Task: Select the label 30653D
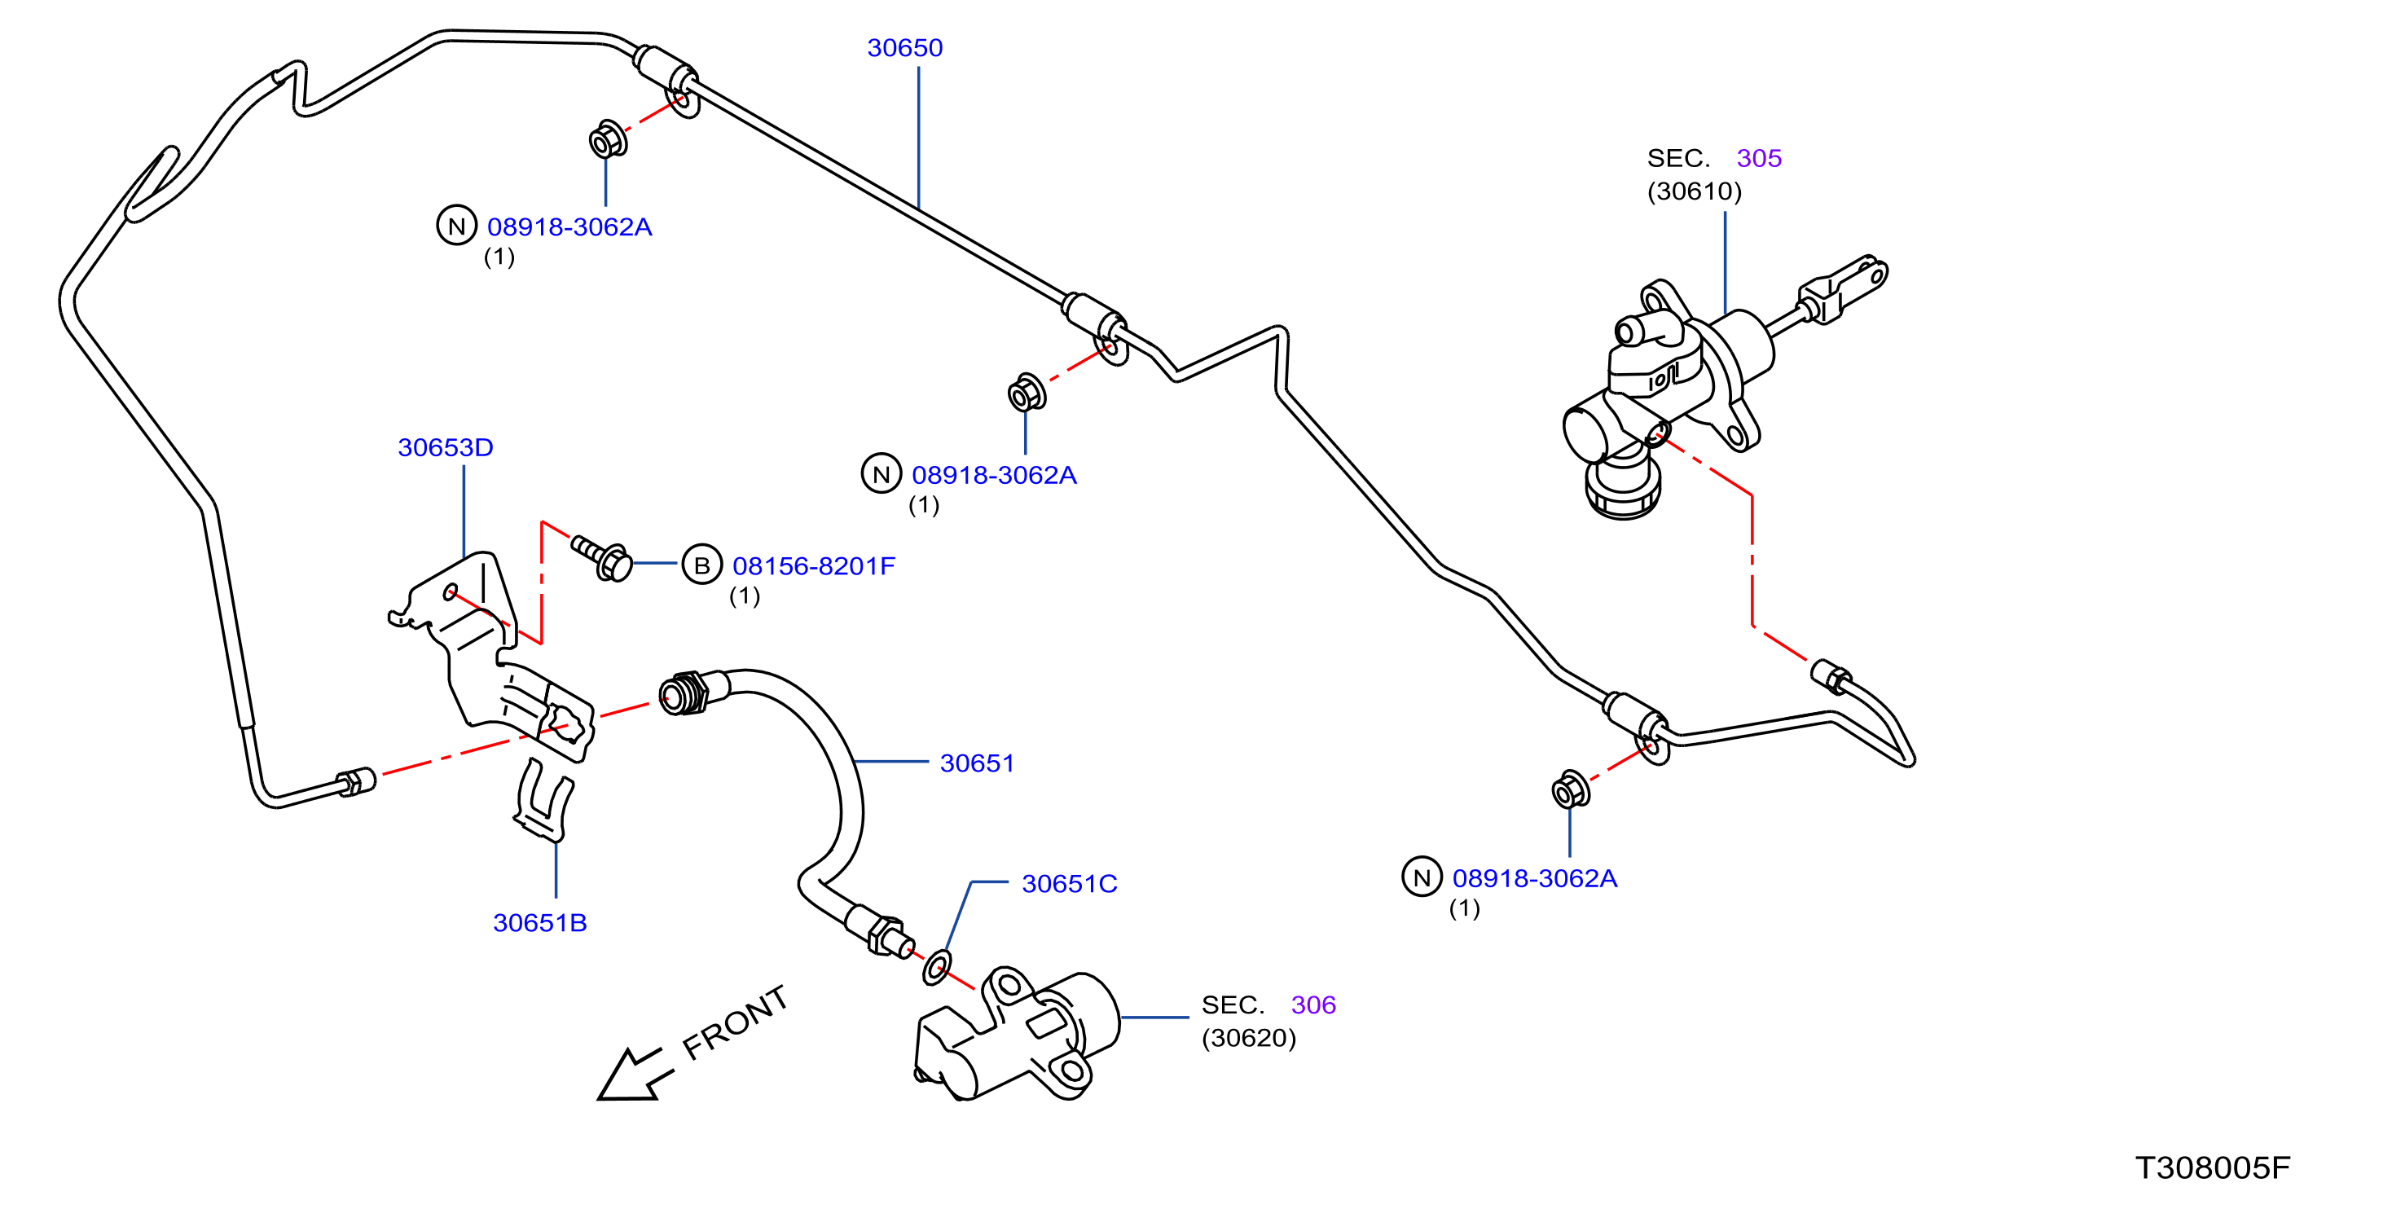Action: (x=445, y=448)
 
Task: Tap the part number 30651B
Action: (x=539, y=923)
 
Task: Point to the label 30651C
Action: (x=1070, y=884)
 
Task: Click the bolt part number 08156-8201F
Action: (x=814, y=566)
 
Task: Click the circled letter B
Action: (x=702, y=565)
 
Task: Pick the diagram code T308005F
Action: (x=2213, y=1168)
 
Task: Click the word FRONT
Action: (x=736, y=1023)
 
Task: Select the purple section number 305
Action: (x=1759, y=159)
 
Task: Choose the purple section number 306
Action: (x=1313, y=1005)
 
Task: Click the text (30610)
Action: (x=1694, y=191)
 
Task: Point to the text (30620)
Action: (x=1249, y=1039)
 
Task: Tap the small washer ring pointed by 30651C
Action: (x=936, y=967)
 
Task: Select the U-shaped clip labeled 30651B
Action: (x=544, y=800)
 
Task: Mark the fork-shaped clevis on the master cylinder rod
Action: (x=1844, y=288)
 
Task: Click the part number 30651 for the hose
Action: (x=977, y=764)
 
